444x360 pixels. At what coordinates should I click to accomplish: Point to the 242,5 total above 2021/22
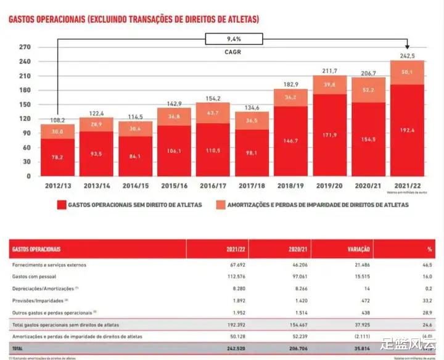point(406,55)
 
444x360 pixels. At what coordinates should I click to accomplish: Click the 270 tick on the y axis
point(25,47)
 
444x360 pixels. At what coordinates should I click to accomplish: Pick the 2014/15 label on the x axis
point(135,184)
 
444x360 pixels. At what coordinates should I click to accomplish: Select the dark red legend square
point(60,205)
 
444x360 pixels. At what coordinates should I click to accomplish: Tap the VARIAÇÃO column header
point(356,250)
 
